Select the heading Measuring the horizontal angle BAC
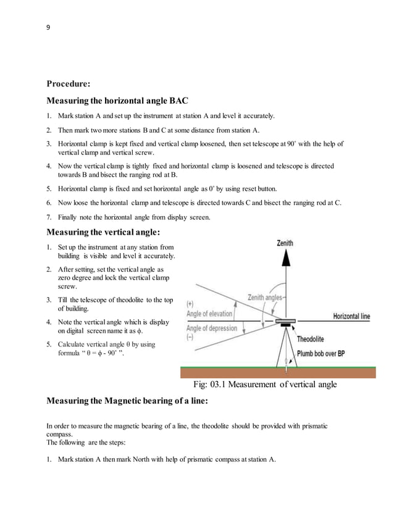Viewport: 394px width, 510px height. coord(117,101)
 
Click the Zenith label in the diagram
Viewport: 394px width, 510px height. coord(285,244)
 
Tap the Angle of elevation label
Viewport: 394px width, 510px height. coord(209,313)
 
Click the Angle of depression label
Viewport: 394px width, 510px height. coord(211,328)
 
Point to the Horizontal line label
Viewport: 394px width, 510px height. coord(351,316)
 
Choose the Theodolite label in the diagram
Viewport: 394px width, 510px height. coord(316,339)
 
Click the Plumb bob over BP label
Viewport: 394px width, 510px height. coord(326,353)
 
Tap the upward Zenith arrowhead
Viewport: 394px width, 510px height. coord(285,257)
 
